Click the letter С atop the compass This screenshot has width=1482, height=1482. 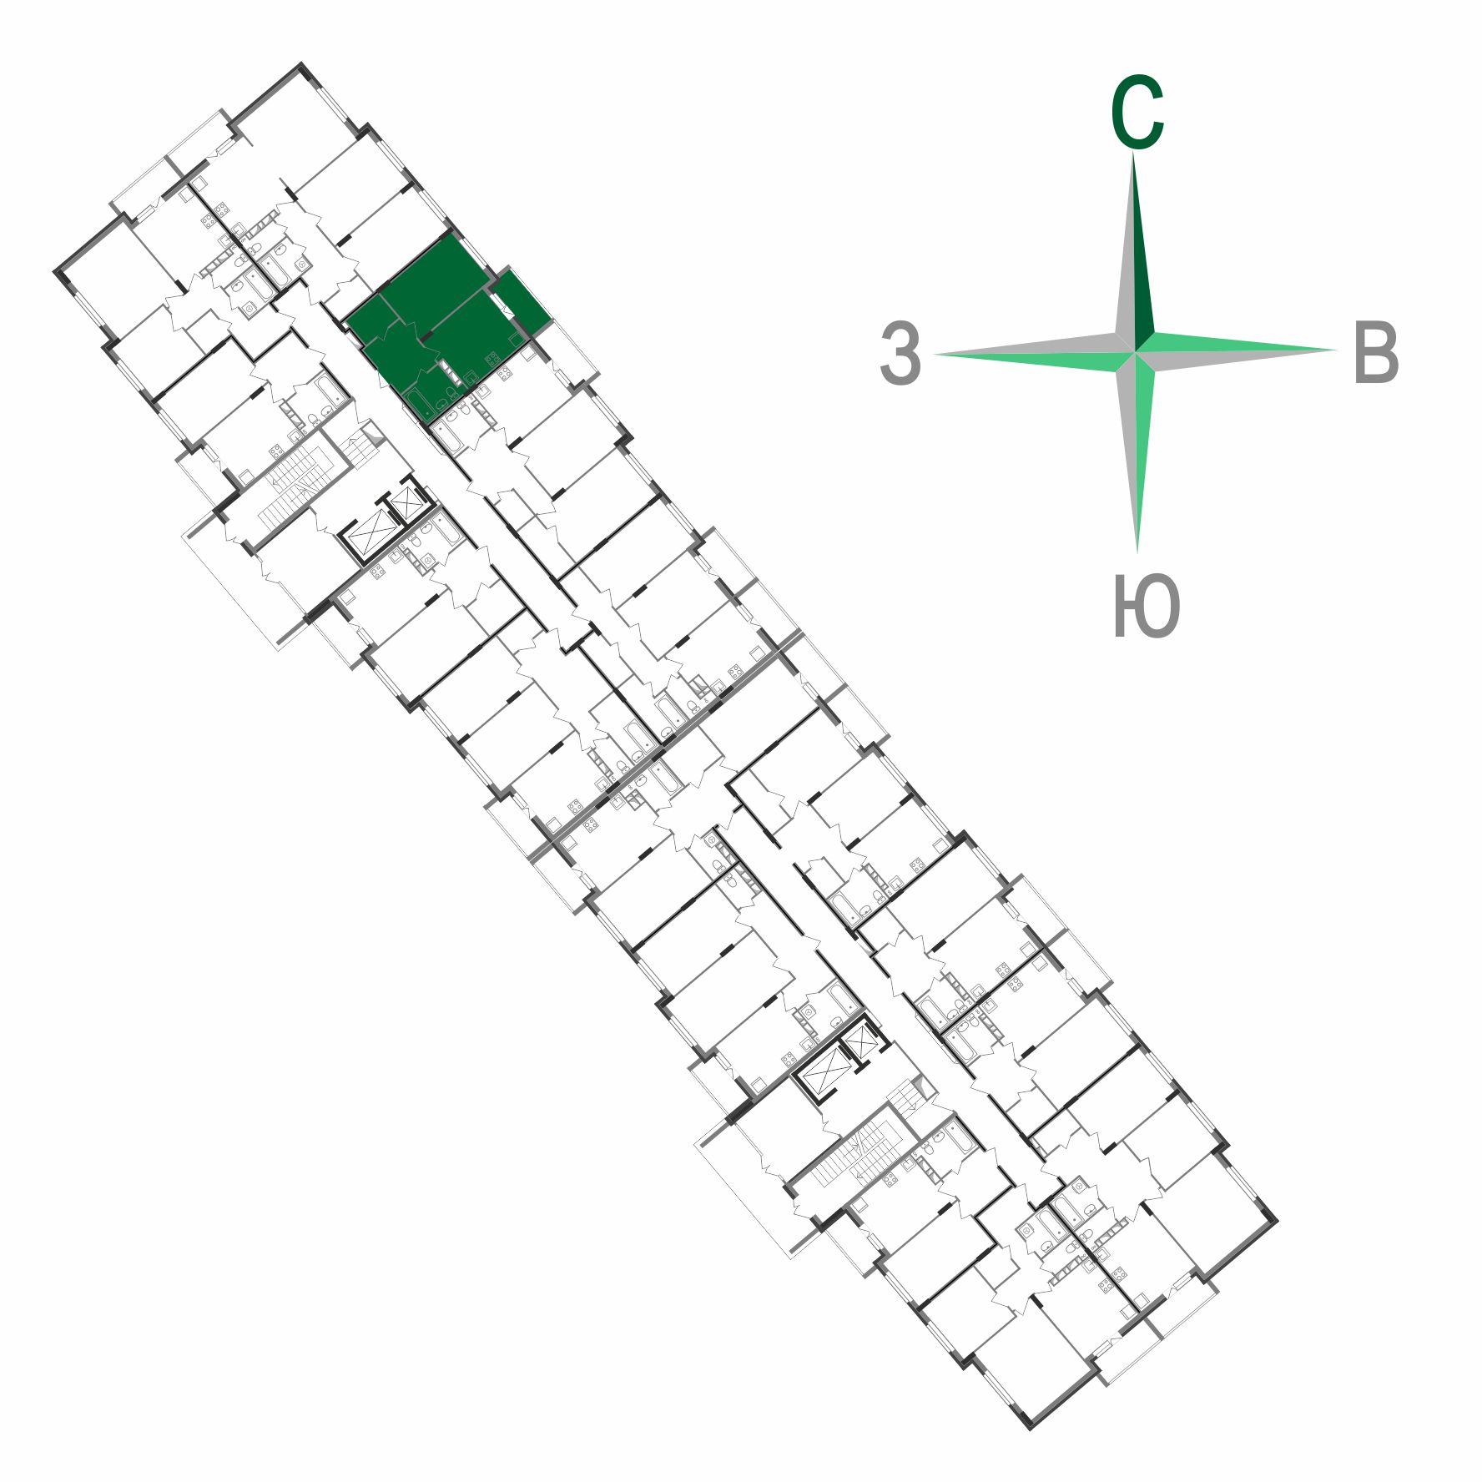1137,113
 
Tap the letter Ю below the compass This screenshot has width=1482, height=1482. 1147,606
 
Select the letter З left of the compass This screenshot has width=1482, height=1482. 900,354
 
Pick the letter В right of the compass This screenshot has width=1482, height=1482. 1376,352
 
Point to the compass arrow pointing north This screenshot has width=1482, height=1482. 1134,250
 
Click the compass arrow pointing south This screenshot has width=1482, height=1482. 1137,451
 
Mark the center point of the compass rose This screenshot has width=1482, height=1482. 1135,351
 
